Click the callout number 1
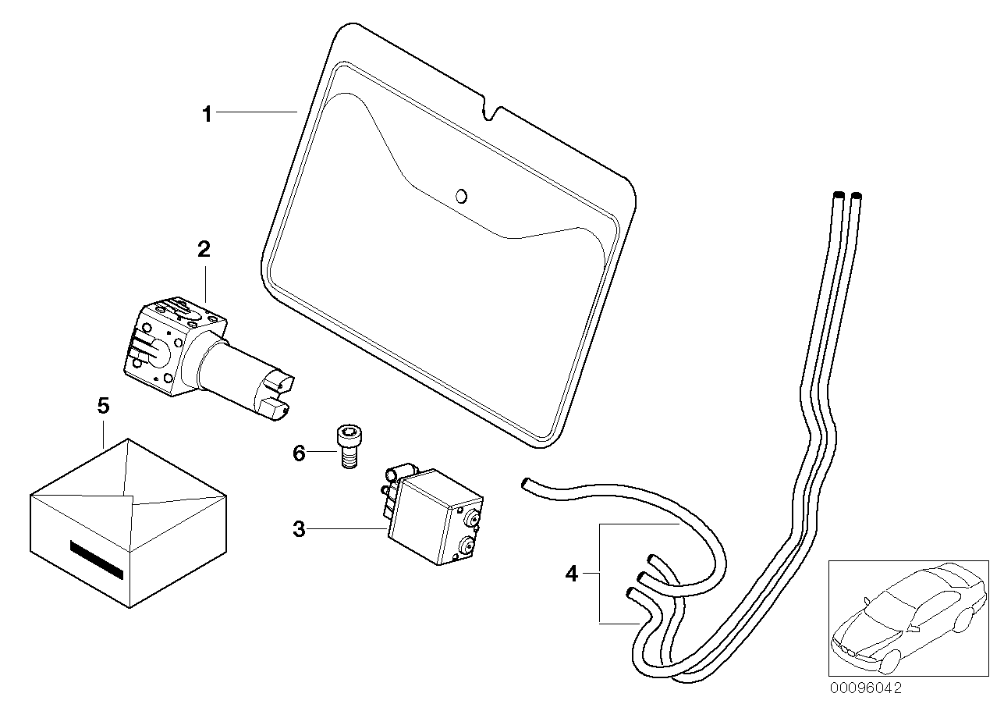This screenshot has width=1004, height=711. point(207,115)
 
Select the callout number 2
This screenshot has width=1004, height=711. point(204,251)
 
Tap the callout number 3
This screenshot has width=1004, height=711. point(299,530)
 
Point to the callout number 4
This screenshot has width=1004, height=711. point(572,575)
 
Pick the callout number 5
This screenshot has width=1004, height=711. point(103,406)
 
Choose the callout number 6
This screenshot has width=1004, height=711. point(299,453)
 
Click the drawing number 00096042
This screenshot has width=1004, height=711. point(865,688)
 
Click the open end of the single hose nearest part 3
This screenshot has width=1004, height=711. point(525,483)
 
